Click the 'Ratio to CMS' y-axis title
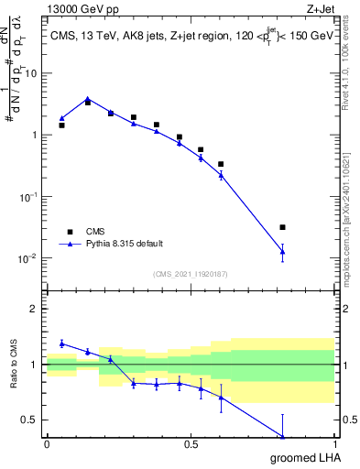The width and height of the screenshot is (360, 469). click(12, 365)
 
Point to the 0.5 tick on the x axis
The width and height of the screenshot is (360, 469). click(191, 444)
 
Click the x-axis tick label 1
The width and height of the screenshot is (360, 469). click(334, 444)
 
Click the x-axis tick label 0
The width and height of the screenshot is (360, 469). click(47, 444)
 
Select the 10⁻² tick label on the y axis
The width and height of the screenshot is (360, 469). click(27, 257)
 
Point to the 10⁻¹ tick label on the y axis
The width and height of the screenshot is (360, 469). click(27, 196)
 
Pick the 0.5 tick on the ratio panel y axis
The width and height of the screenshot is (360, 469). click(30, 420)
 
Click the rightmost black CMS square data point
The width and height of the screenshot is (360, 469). click(282, 227)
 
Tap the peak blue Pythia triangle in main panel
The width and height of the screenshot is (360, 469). click(88, 99)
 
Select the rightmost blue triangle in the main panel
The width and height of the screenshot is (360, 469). click(282, 251)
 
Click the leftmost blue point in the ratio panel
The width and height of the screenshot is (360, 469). click(61, 344)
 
